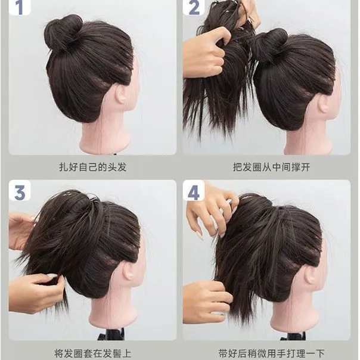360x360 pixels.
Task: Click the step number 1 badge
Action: (x=20, y=7)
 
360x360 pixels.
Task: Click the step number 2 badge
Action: (x=194, y=7)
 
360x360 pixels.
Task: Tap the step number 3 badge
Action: (x=20, y=191)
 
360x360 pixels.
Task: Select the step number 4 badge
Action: (x=194, y=191)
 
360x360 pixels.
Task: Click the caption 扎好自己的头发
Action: (x=93, y=167)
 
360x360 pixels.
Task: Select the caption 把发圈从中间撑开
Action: (x=272, y=167)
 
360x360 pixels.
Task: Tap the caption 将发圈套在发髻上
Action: (x=93, y=353)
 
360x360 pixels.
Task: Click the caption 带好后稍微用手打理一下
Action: (x=271, y=353)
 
